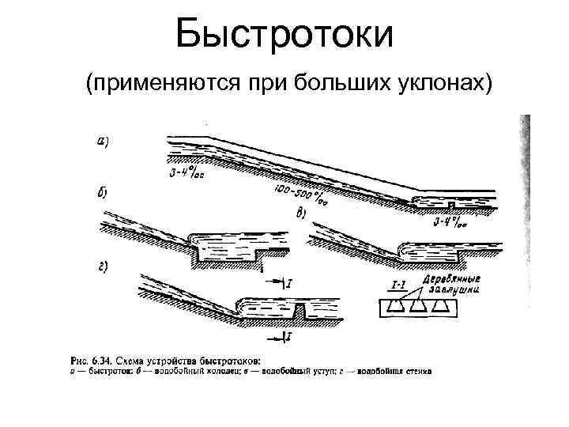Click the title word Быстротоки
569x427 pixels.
coord(284,36)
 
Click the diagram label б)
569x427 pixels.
coord(103,192)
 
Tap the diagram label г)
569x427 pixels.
coord(103,266)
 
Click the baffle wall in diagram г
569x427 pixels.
coord(300,310)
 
